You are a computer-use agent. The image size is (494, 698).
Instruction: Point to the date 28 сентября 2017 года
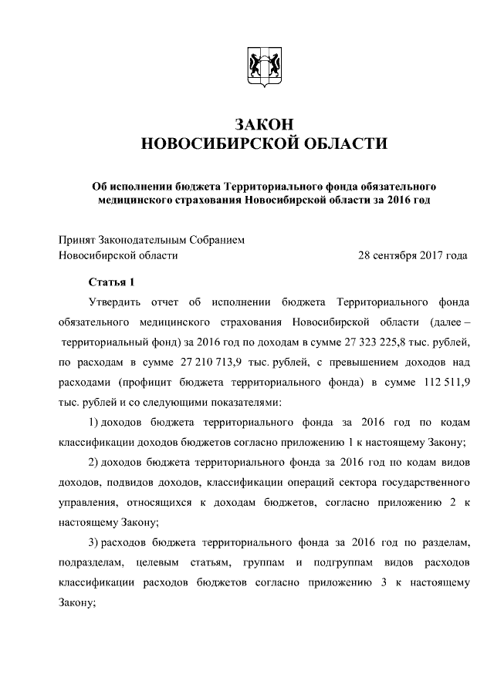tap(414, 255)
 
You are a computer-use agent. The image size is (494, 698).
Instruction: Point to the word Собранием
tap(218, 239)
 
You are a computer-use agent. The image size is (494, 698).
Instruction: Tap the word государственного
tap(425, 483)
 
